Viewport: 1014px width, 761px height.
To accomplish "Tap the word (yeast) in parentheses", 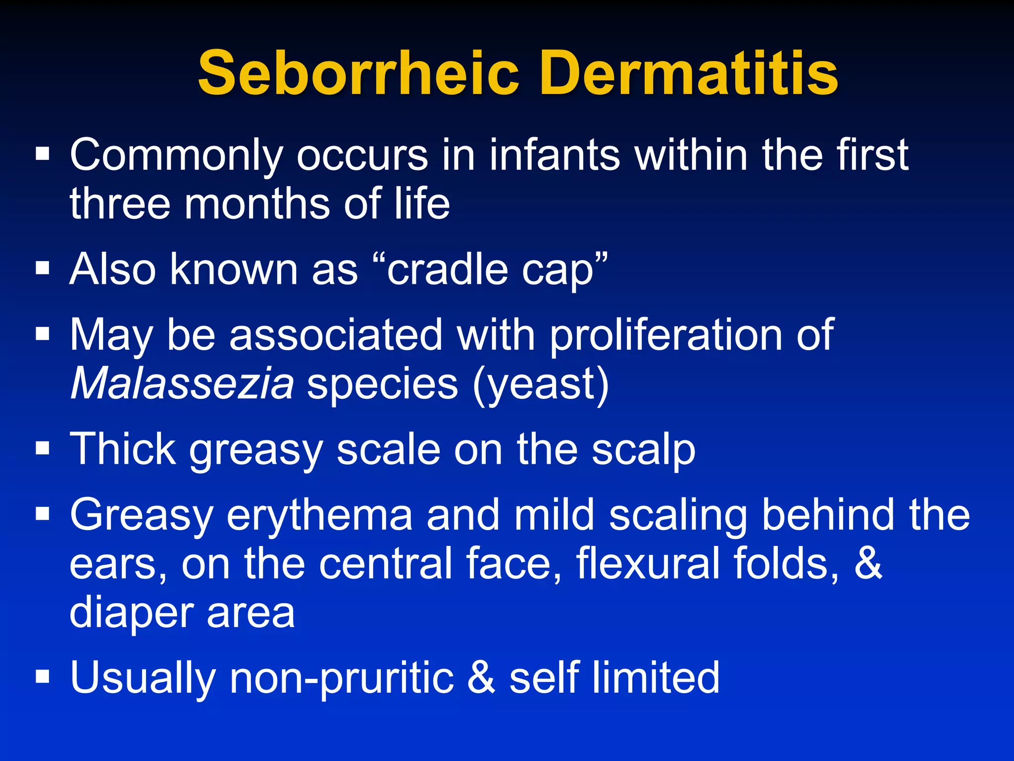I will tap(540, 384).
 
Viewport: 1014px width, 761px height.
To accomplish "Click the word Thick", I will tap(123, 449).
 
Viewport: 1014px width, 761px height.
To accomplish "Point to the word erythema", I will tap(319, 515).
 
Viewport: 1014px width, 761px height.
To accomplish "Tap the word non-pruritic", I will tap(342, 678).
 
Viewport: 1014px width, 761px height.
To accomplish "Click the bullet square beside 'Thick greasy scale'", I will tap(43, 448).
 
